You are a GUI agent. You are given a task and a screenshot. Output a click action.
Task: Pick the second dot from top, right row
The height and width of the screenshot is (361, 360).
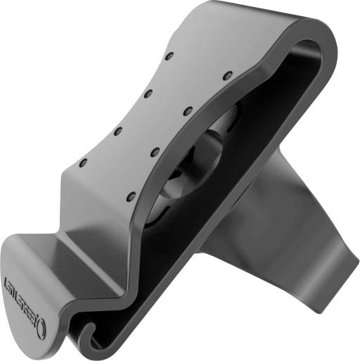pos(188,110)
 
